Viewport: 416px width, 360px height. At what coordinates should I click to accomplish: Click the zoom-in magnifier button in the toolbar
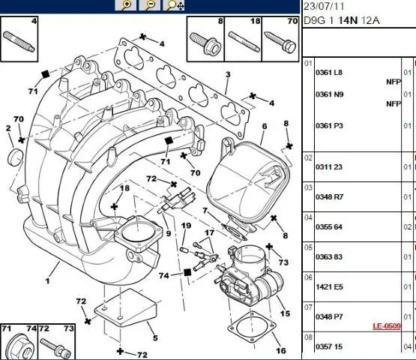click(125, 5)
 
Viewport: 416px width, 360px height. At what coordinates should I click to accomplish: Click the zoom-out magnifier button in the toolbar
click(150, 5)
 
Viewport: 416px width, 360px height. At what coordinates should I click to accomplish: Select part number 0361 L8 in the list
click(329, 73)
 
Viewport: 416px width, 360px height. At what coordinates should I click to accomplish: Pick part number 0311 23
click(329, 167)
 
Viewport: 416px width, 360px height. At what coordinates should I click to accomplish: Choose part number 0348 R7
click(329, 197)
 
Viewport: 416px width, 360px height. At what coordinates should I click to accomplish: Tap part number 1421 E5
click(329, 286)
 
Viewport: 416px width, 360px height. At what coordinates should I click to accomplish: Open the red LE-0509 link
click(387, 326)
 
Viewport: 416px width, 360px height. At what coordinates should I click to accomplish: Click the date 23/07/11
click(324, 6)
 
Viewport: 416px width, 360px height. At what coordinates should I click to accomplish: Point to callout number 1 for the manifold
click(47, 280)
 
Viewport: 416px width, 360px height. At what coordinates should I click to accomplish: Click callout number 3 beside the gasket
click(228, 74)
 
